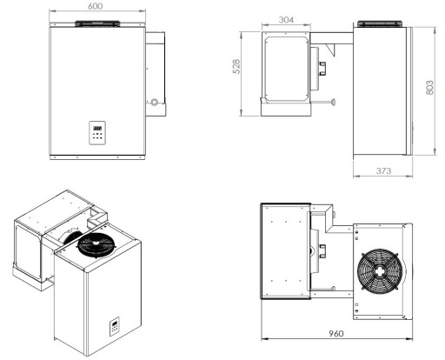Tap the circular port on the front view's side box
[x=155, y=103]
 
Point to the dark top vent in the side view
[x=377, y=23]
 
